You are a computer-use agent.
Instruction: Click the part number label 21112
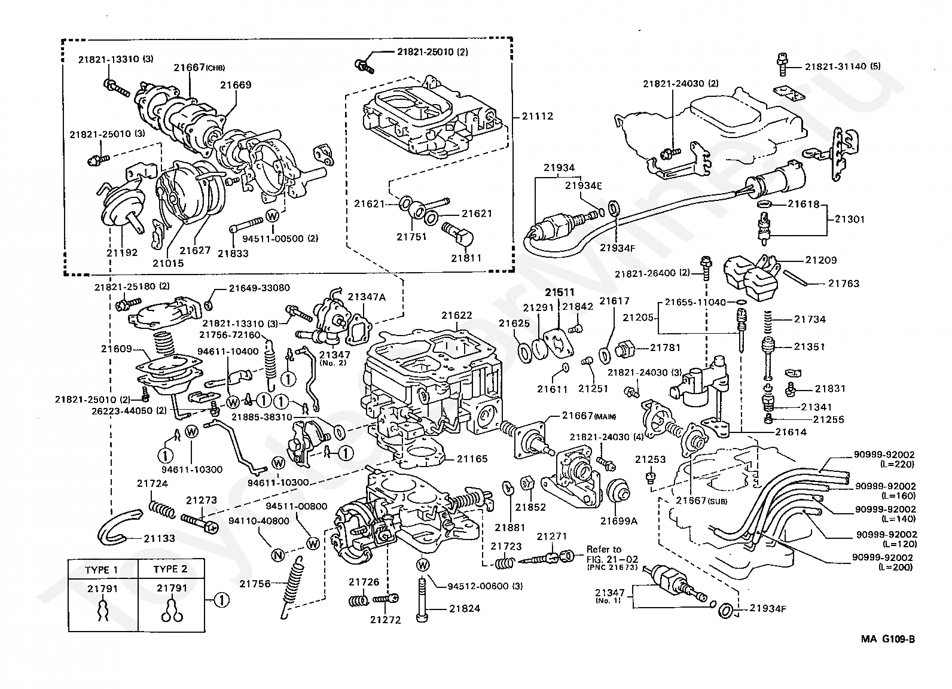click(538, 116)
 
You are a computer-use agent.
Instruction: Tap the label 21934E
click(583, 185)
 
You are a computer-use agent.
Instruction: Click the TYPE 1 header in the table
click(101, 569)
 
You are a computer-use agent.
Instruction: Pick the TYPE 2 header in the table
click(170, 569)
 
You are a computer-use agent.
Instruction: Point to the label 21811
click(466, 258)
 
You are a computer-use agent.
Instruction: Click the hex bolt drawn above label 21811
click(457, 233)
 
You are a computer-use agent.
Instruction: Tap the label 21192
click(122, 252)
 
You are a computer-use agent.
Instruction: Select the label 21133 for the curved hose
click(160, 538)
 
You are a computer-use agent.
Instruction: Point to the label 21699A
click(619, 521)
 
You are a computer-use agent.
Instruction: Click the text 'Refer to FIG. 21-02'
click(612, 554)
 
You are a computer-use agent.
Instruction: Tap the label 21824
click(465, 609)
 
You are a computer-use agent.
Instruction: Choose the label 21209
click(820, 260)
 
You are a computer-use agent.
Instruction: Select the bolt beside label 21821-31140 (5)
click(782, 65)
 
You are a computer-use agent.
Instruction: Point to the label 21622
click(456, 315)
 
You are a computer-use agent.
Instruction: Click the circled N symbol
click(278, 555)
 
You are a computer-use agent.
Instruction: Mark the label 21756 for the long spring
click(255, 584)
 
